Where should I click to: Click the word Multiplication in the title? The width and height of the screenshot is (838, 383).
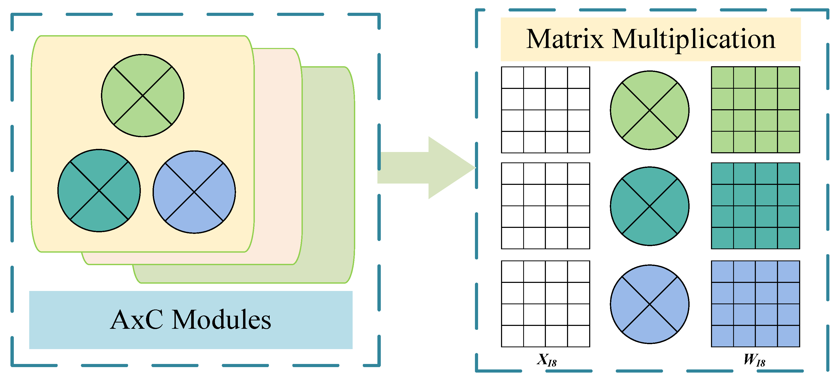pos(694,40)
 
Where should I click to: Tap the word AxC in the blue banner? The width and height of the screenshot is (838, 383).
pos(136,320)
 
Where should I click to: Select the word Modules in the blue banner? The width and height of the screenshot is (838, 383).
pos(221,320)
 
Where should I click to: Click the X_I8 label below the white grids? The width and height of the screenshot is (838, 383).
pos(546,360)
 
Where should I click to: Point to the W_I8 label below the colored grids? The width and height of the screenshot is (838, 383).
pos(754,360)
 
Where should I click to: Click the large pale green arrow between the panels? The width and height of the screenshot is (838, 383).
pos(429,168)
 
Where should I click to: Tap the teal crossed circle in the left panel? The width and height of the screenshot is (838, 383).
pos(99,191)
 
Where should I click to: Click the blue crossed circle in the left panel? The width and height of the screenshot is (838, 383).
pos(194,192)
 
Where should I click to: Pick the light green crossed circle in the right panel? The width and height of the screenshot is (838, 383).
pos(649,110)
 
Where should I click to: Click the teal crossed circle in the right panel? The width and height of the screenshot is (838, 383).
pos(649,206)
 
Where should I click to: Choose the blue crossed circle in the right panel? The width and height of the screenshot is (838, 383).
pos(649,304)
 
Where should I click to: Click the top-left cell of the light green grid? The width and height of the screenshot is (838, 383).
pos(722,77)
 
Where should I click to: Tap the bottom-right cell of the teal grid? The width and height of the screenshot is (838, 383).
pos(788,238)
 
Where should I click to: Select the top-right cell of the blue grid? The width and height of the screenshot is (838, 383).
pos(788,271)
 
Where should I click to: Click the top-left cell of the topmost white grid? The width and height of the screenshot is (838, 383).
pos(512,77)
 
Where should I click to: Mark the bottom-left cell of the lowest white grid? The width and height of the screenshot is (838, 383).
pos(512,336)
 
